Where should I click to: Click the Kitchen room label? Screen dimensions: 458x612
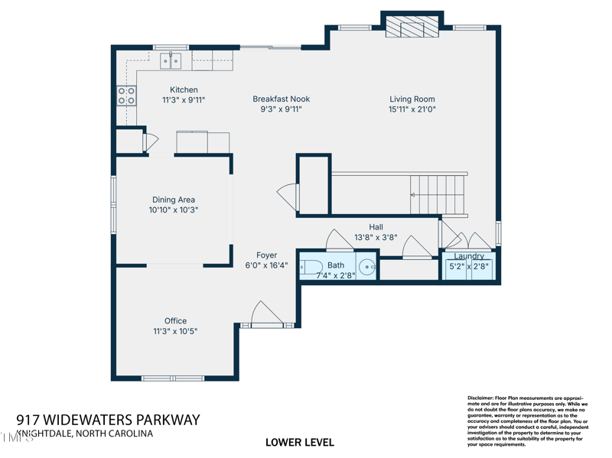click(x=184, y=89)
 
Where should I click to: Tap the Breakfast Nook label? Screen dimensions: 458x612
click(x=281, y=99)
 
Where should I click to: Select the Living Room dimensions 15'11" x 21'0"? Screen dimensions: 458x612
click(x=412, y=109)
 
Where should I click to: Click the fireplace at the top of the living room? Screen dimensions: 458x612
click(x=413, y=28)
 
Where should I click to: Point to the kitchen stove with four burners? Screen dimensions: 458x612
click(x=126, y=96)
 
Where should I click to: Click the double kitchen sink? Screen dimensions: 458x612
click(x=171, y=60)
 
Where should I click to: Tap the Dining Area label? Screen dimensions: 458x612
click(x=174, y=200)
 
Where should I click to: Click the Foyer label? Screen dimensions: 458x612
click(x=266, y=255)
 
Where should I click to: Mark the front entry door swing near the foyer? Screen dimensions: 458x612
click(x=264, y=313)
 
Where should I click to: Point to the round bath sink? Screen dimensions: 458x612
click(x=368, y=268)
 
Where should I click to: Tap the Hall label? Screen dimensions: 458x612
click(x=376, y=227)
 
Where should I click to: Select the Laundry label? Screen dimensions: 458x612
click(x=469, y=256)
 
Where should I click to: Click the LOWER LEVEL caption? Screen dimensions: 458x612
click(x=299, y=442)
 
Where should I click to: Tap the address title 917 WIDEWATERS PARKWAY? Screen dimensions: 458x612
click(x=108, y=420)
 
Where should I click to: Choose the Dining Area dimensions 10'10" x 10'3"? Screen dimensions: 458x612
click(x=174, y=210)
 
